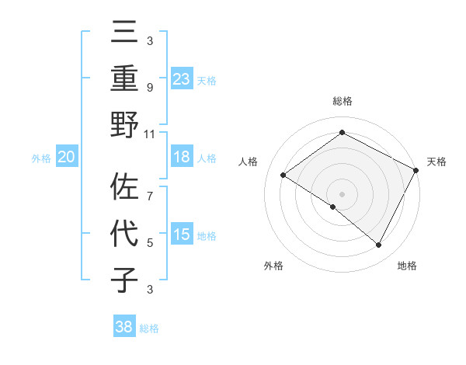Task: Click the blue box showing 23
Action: [x=181, y=78]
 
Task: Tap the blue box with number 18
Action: [x=181, y=157]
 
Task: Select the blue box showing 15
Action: [x=181, y=235]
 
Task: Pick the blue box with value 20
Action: [x=66, y=157]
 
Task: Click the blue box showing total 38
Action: [x=124, y=327]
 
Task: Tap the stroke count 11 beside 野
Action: [x=150, y=134]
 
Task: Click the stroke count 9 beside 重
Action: [x=150, y=87]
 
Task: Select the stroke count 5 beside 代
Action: [x=150, y=243]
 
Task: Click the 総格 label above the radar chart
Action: [x=342, y=101]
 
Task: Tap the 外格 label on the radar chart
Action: [x=273, y=266]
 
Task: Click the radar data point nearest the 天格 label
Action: [x=416, y=170]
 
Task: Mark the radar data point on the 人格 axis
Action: [x=283, y=175]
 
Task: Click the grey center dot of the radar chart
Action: [x=342, y=193]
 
